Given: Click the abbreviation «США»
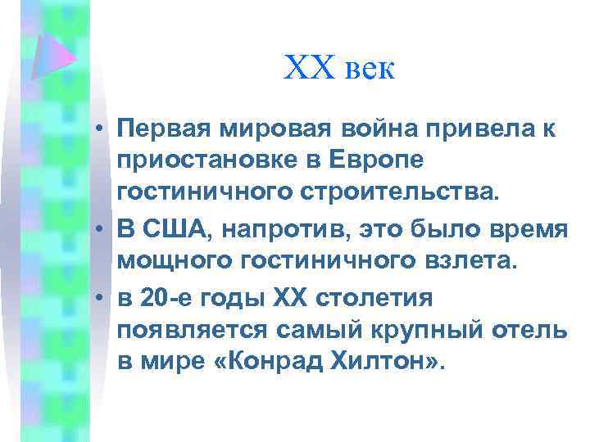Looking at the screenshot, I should (172, 232).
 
